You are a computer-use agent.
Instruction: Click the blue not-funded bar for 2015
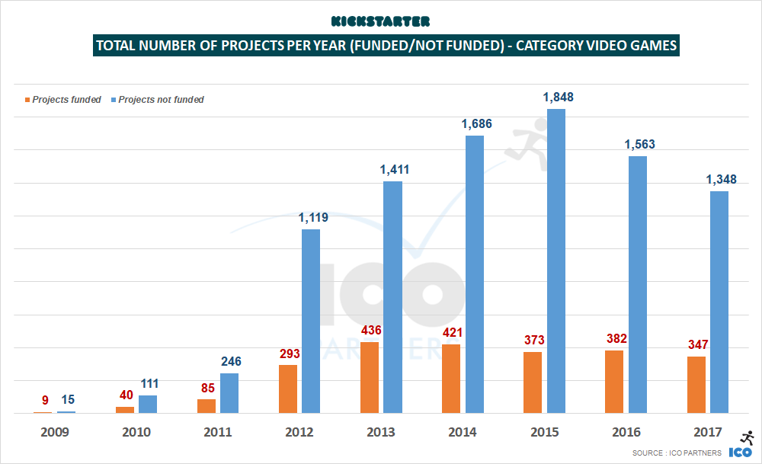click(x=556, y=261)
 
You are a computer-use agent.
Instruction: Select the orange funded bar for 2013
click(x=370, y=377)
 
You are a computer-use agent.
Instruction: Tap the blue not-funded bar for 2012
click(x=311, y=321)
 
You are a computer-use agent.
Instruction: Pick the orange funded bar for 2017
click(x=696, y=385)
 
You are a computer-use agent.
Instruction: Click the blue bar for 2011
click(x=229, y=393)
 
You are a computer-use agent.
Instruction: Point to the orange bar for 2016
click(x=614, y=381)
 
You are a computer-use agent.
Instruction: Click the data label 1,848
click(x=558, y=97)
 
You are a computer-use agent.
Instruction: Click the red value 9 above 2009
click(x=45, y=399)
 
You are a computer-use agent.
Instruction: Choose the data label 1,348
click(x=721, y=180)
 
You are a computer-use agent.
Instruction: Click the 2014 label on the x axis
click(x=463, y=432)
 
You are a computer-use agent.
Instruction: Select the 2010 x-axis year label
click(x=136, y=432)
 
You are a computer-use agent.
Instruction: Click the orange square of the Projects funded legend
click(x=28, y=100)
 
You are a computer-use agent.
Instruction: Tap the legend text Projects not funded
click(x=161, y=100)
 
